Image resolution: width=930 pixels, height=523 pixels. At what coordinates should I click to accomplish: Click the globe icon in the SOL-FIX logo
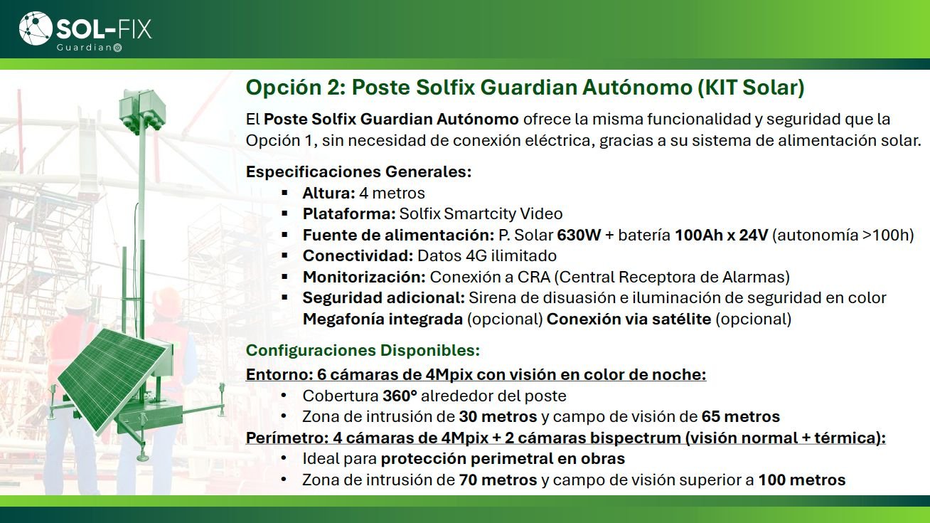36,28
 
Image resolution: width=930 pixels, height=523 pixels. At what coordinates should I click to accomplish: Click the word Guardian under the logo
85,48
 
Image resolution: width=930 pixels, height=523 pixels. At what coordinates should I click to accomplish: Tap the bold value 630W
579,235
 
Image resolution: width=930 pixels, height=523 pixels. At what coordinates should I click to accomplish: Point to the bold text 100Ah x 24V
722,235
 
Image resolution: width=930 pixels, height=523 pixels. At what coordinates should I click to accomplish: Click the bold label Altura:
328,193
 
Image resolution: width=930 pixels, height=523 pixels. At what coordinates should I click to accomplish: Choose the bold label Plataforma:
349,214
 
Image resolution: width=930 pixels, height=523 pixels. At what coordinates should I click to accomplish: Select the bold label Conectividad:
358,256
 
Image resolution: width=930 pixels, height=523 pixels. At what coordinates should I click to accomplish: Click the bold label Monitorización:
364,277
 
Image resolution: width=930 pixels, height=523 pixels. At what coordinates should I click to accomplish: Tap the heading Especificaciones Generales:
359,171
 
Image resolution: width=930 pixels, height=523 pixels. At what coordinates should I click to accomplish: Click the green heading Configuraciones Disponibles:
363,350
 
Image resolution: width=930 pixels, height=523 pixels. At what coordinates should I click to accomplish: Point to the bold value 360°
400,396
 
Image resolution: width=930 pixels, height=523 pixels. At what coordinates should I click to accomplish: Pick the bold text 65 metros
741,417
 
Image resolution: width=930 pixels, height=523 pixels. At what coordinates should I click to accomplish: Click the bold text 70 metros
498,480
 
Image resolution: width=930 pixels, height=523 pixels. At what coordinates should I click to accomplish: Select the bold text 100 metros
802,480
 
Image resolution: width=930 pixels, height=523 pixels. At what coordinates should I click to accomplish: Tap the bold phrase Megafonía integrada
383,319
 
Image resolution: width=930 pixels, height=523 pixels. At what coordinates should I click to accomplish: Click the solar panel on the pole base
113,380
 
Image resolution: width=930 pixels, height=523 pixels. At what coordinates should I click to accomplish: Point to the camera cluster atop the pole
140,111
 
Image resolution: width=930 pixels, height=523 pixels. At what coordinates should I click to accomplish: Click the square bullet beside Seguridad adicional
284,297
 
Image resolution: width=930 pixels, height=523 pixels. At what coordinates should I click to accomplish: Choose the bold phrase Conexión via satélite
629,319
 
